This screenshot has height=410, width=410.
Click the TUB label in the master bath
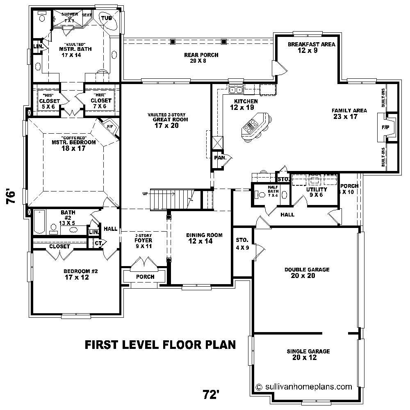click(x=107, y=18)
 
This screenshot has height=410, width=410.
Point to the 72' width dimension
click(x=211, y=394)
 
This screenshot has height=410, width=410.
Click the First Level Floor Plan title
click(x=160, y=344)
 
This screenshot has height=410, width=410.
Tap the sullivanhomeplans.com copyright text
click(x=304, y=386)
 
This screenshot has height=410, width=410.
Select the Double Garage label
click(x=307, y=273)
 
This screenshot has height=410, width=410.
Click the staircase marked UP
click(x=169, y=198)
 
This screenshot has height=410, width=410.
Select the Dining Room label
click(x=204, y=238)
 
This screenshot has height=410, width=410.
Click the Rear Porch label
click(x=201, y=58)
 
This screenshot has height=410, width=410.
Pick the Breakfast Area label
click(x=311, y=47)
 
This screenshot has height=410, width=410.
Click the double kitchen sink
click(x=236, y=89)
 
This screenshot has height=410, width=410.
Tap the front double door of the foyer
click(x=145, y=263)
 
